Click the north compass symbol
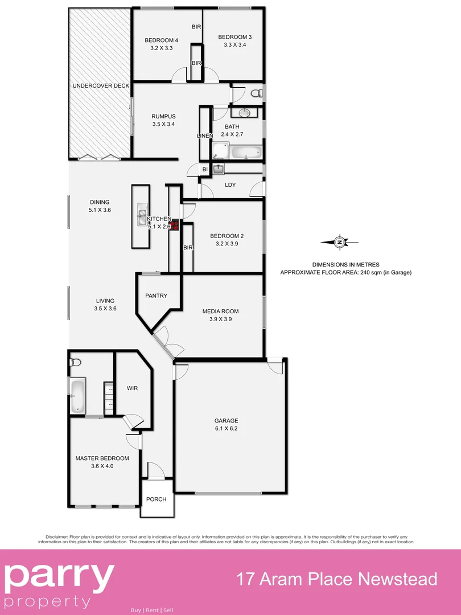[340, 243]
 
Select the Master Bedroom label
[102, 458]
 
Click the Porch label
[157, 499]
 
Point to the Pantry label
[157, 296]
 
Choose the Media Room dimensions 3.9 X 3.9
[220, 319]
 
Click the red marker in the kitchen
[175, 225]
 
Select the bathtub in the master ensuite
[78, 396]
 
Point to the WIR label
[132, 388]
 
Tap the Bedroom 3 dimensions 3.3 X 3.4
[234, 45]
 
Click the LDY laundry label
[230, 184]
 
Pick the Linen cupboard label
[205, 136]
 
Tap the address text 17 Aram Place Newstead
[337, 579]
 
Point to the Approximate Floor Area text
[345, 272]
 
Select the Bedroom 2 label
[227, 236]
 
